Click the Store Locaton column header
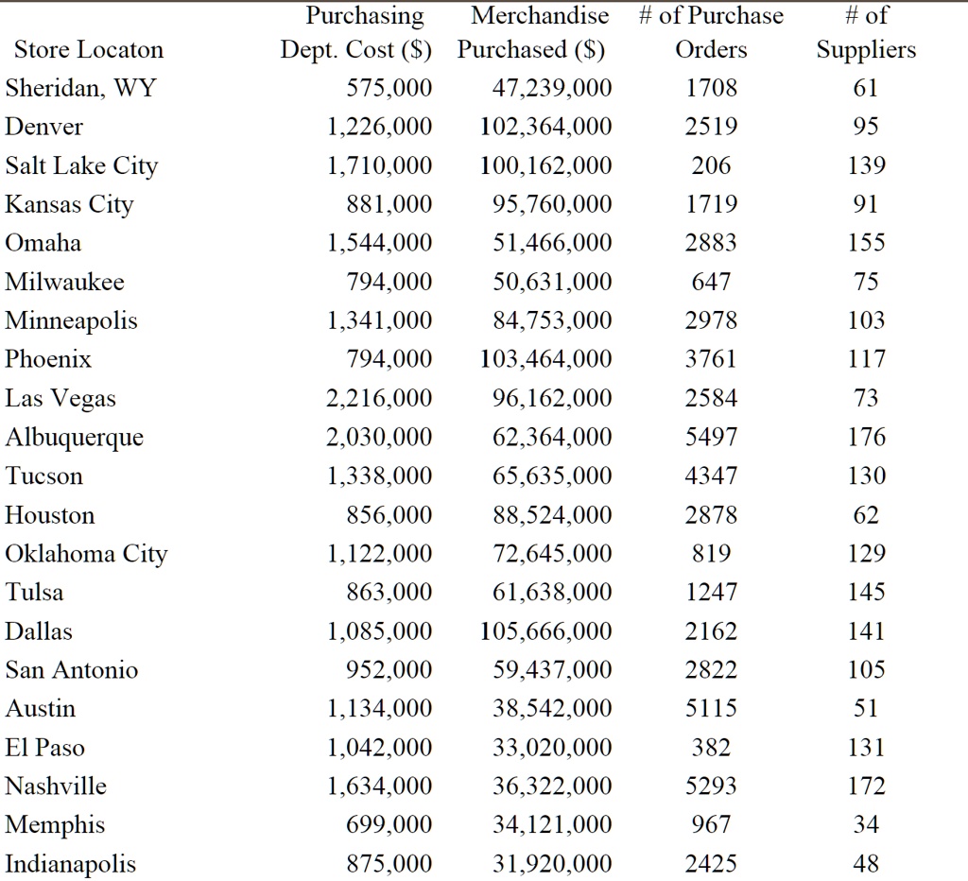pyautogui.click(x=89, y=50)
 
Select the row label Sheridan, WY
pyautogui.click(x=81, y=88)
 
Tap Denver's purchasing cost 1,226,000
pyautogui.click(x=379, y=128)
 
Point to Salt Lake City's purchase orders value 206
pyautogui.click(x=711, y=165)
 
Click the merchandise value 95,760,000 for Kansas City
pyautogui.click(x=552, y=204)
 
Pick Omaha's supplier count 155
pyautogui.click(x=866, y=243)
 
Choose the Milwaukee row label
pyautogui.click(x=65, y=282)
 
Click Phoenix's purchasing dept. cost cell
pyautogui.click(x=389, y=359)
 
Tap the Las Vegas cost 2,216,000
pyautogui.click(x=379, y=398)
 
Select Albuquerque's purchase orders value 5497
pyautogui.click(x=711, y=437)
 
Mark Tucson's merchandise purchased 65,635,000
pyautogui.click(x=552, y=476)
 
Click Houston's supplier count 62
pyautogui.click(x=866, y=515)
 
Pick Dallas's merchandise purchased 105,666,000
pyautogui.click(x=545, y=631)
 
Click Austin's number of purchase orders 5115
pyautogui.click(x=711, y=708)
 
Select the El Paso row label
pyautogui.click(x=45, y=748)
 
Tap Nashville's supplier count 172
pyautogui.click(x=866, y=786)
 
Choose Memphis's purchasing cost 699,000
pyautogui.click(x=389, y=825)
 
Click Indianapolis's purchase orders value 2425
pyautogui.click(x=711, y=864)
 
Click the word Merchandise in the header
pyautogui.click(x=540, y=15)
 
